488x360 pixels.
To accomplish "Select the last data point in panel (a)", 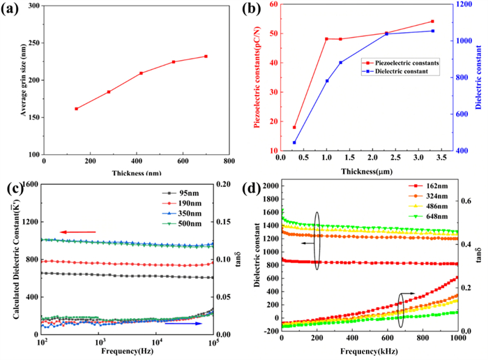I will tap(206, 57).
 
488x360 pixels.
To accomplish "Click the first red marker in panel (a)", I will tap(77, 109).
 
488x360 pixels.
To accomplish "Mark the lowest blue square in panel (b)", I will tap(294, 142).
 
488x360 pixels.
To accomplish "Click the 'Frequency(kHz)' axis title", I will tap(368, 353).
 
